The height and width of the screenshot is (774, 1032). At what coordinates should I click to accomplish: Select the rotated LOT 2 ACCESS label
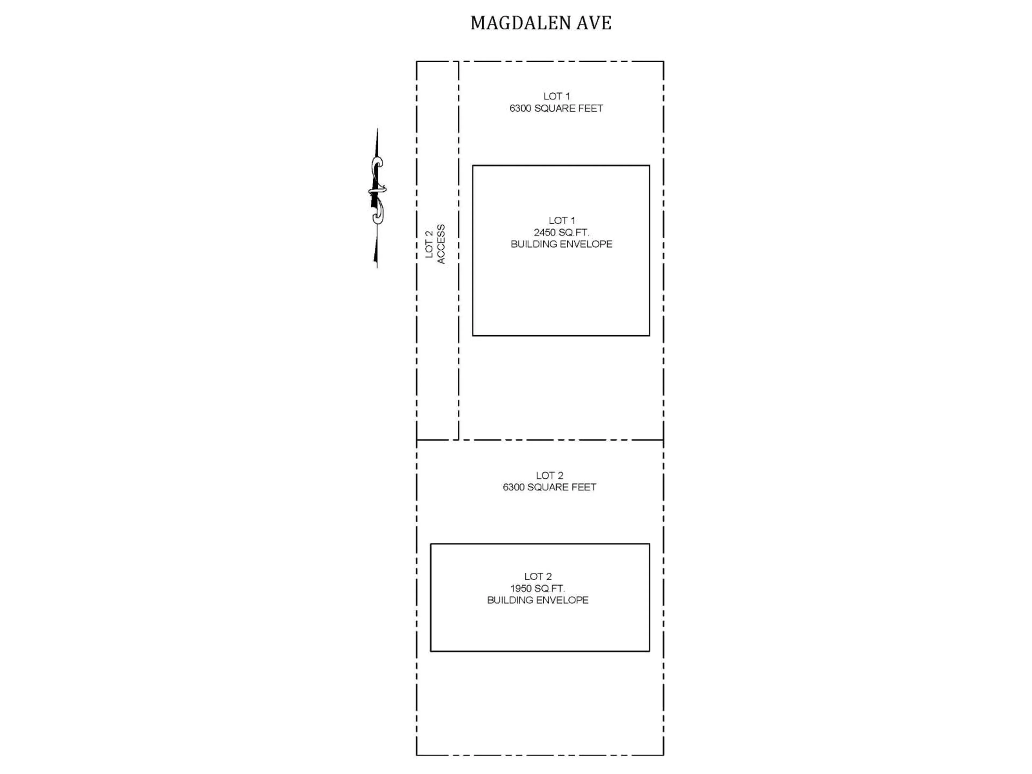click(x=435, y=245)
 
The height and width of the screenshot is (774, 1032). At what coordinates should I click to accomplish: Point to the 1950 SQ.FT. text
click(x=537, y=588)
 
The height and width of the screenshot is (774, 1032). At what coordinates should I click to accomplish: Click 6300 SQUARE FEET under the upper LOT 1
click(x=556, y=108)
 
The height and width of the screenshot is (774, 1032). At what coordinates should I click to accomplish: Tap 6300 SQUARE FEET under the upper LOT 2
click(x=549, y=487)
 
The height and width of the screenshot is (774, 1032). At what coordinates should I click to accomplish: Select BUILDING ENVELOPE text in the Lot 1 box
click(x=561, y=244)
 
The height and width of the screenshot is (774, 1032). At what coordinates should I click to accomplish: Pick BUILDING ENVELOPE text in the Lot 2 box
click(x=537, y=600)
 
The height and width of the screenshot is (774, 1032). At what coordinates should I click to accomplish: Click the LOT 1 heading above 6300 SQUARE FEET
click(x=556, y=96)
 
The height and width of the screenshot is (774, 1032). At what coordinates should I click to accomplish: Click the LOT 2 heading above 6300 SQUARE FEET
click(x=549, y=475)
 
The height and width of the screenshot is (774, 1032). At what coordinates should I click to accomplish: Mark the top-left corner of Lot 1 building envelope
click(x=473, y=166)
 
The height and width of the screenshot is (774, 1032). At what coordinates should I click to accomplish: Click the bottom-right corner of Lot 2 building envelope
click(x=649, y=651)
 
